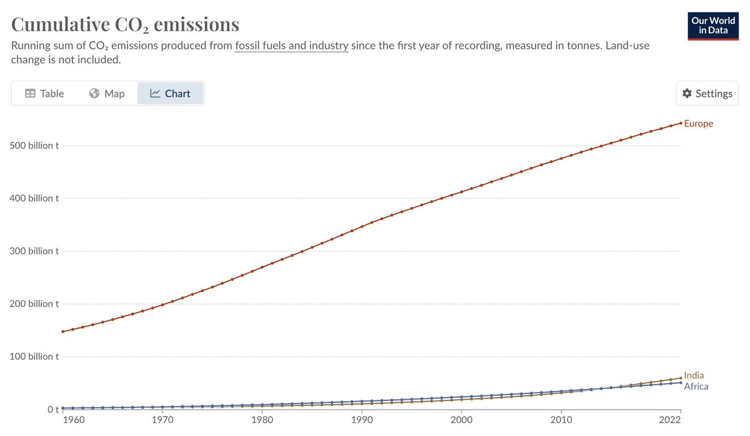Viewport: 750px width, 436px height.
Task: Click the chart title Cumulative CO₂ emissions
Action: (125, 24)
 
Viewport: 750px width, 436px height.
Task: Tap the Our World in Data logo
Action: (713, 26)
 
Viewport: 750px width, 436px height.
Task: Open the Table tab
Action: (44, 93)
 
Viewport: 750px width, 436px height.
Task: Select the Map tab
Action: (107, 93)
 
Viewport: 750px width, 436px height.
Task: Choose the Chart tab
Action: (171, 93)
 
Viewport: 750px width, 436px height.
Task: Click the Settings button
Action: (707, 93)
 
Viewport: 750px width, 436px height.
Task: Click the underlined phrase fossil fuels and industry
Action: (291, 46)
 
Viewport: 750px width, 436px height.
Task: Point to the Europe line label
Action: (698, 123)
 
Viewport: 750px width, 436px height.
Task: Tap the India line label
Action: (694, 375)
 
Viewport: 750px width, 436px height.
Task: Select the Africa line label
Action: (696, 386)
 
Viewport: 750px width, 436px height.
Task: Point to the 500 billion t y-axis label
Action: (34, 146)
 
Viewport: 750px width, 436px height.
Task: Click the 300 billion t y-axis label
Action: (34, 251)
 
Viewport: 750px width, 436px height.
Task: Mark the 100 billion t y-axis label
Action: (34, 357)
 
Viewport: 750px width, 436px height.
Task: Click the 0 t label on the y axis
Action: (54, 410)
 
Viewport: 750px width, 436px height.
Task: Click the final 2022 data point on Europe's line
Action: (681, 123)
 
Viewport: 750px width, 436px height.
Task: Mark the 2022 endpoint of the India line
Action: (681, 378)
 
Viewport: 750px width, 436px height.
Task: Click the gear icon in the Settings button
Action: (687, 93)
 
